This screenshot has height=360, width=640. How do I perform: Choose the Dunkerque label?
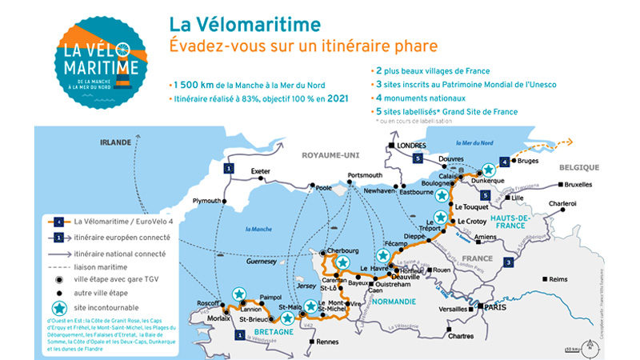(x=493, y=182)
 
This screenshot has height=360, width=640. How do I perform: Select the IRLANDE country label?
(x=114, y=142)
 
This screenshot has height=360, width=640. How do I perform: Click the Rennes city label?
(x=305, y=342)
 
